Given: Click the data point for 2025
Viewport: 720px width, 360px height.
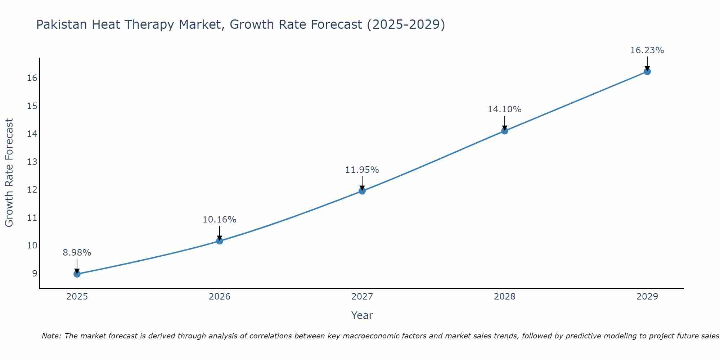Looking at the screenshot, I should coord(77,274).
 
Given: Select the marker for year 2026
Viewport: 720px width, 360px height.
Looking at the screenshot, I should coord(220,241).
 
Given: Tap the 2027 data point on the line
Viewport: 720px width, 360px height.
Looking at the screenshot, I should coord(362,191).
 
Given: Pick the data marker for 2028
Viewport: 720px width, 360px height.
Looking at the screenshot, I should coord(505,131).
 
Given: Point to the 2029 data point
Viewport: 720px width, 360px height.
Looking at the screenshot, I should coord(647,71).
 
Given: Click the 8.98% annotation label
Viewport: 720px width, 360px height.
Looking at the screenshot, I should coord(77,253).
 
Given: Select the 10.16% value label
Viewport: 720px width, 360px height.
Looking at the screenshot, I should coord(220,220).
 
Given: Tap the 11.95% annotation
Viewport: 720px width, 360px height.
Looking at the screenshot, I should coord(362,170).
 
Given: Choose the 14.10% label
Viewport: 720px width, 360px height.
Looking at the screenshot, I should coord(505,109).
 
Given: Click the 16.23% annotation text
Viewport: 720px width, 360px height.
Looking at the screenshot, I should coord(647,50).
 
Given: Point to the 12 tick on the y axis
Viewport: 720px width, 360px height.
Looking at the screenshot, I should coord(32,190).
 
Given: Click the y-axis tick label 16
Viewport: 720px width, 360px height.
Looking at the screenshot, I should coord(32,78).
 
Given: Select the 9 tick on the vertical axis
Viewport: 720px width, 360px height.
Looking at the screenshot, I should coord(35,273).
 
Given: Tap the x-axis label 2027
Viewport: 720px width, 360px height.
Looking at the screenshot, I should coord(362,297).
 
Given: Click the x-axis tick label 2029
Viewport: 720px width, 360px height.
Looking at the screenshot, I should coord(647,297).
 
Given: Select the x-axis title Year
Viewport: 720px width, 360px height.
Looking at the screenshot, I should coord(362,315).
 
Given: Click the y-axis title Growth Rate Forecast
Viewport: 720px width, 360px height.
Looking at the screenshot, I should coord(9,173).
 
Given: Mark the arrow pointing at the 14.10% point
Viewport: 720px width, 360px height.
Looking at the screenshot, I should coord(505,123).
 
